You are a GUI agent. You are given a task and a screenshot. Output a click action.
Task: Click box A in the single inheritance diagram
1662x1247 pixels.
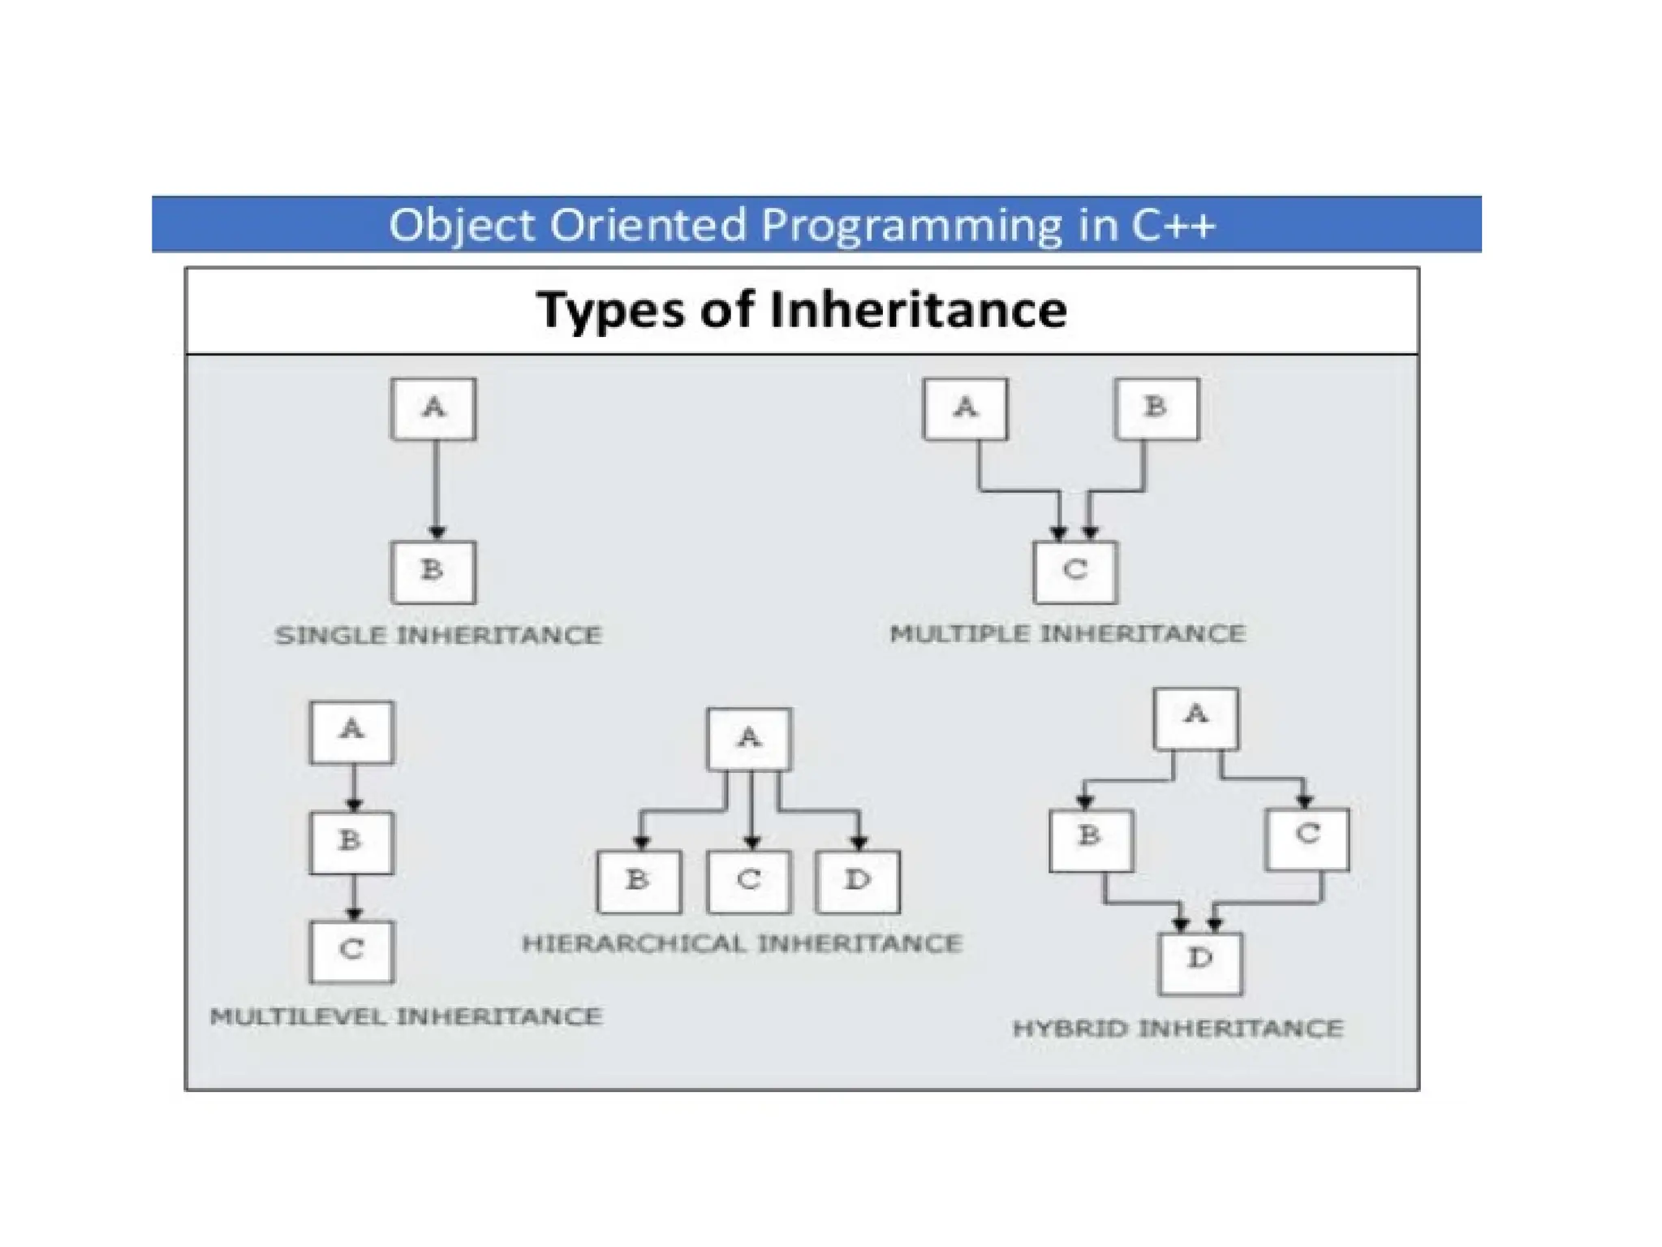pos(433,408)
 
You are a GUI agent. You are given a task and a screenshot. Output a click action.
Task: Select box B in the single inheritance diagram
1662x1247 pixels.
pos(433,572)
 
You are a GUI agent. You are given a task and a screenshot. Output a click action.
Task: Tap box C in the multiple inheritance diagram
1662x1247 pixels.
pos(1075,572)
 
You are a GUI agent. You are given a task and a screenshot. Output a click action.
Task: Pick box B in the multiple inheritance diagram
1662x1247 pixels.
pos(1156,408)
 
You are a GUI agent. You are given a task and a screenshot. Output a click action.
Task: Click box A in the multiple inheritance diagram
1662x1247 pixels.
pos(965,408)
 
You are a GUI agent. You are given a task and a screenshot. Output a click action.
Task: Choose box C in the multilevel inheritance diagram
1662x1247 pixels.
pos(351,951)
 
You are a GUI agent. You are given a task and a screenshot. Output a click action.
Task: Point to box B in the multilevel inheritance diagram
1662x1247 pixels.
pos(351,843)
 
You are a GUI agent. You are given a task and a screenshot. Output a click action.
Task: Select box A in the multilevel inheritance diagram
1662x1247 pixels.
pos(351,732)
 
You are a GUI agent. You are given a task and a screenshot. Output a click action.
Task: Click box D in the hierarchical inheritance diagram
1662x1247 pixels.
pos(859,882)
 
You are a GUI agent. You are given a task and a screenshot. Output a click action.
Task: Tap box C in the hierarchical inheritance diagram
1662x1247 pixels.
pos(748,882)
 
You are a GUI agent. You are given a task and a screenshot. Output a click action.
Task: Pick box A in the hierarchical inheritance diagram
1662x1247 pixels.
pos(748,739)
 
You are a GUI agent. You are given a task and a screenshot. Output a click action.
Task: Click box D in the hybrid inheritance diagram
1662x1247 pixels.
pos(1200,963)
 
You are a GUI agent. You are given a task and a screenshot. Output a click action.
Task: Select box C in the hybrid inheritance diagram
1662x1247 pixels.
pos(1307,839)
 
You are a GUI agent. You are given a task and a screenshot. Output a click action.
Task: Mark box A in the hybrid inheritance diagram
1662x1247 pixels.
pos(1196,718)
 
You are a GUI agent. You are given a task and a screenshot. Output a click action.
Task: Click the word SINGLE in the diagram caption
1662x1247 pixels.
pos(330,635)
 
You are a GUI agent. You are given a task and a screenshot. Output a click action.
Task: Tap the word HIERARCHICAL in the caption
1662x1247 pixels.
pos(635,943)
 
